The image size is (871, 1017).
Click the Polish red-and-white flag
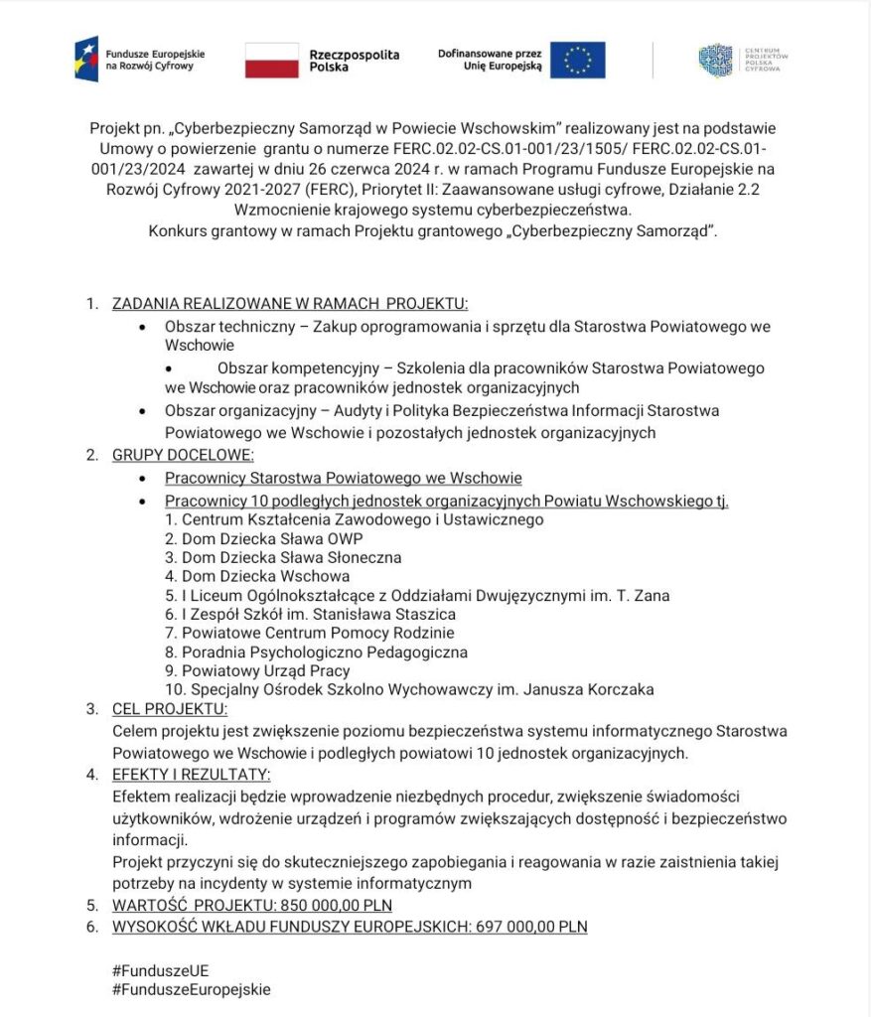point(271,60)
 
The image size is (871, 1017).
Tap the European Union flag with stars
point(577,60)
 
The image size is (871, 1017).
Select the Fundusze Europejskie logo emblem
point(87,60)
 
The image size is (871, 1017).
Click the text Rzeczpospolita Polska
point(355,61)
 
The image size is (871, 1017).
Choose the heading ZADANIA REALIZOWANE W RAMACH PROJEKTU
point(289,303)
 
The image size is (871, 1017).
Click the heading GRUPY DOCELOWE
point(183,455)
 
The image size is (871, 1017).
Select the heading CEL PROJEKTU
point(170,708)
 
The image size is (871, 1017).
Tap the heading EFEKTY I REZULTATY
point(192,774)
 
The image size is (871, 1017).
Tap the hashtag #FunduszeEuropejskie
point(192,989)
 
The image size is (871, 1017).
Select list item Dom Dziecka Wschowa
point(265,576)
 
